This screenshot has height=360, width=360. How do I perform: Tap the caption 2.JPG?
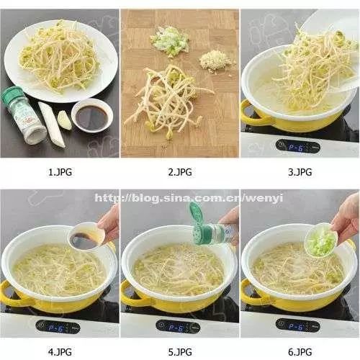179,172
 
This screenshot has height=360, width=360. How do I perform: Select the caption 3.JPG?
300,172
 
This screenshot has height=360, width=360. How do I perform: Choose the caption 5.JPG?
179,351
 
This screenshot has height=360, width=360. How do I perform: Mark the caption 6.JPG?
300,351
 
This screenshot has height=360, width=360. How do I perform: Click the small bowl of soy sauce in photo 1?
91,117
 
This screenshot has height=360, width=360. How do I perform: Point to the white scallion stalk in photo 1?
53,124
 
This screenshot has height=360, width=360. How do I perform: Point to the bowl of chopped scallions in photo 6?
322,242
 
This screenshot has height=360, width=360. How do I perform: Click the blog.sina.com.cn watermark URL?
181,197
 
